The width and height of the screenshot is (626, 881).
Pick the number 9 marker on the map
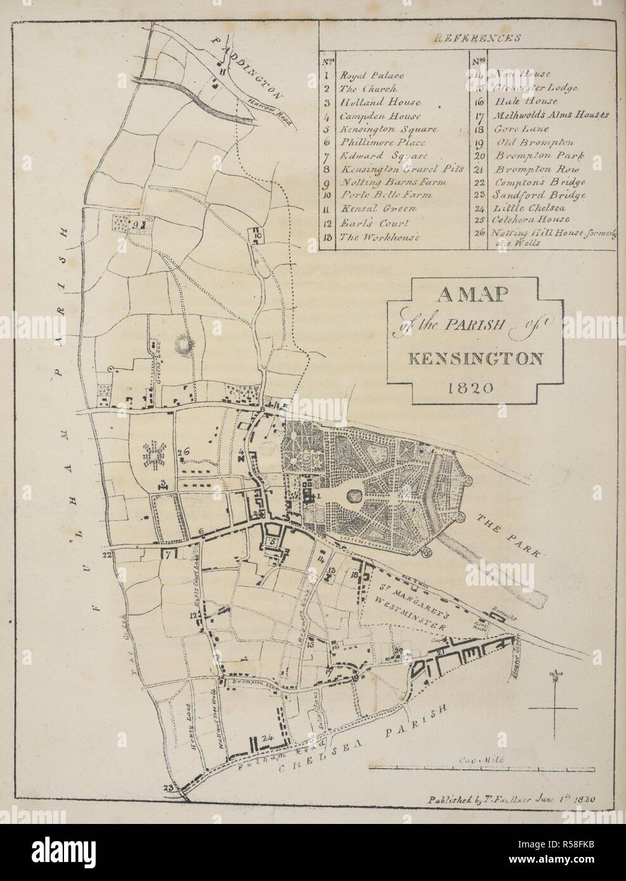coord(136,224)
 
